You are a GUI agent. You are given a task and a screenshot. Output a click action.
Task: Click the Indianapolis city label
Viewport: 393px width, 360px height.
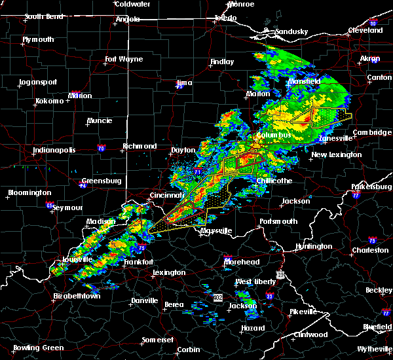[56, 151]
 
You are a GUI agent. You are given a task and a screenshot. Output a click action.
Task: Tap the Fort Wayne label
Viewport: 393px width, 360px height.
[124, 60]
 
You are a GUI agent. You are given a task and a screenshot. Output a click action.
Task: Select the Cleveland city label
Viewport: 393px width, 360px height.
[365, 30]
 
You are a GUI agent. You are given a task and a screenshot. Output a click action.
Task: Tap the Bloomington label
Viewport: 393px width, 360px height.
[29, 193]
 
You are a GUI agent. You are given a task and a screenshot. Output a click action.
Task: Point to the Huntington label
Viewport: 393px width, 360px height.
[314, 247]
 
